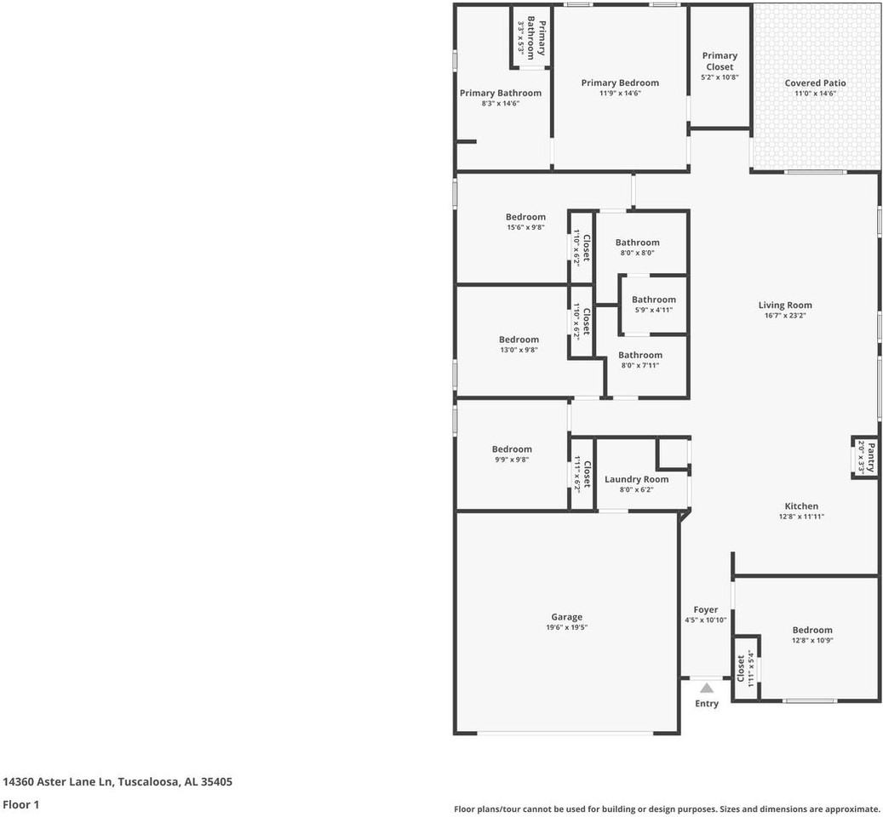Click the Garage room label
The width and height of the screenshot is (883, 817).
click(566, 617)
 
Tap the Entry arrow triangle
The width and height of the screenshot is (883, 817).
click(707, 688)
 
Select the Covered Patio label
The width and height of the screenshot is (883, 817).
click(815, 83)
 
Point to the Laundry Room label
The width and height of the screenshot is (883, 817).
click(636, 479)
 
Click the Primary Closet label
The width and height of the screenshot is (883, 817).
click(720, 61)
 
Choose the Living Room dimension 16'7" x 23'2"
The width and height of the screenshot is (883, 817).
click(785, 316)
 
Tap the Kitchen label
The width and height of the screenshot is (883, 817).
click(800, 506)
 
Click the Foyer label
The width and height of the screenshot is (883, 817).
click(705, 609)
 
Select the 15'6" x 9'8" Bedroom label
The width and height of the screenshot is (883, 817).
click(525, 217)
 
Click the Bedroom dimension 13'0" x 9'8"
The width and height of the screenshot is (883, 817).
click(519, 350)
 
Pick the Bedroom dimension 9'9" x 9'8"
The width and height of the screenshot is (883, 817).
click(511, 460)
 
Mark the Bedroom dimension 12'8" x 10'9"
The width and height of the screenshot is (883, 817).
click(811, 641)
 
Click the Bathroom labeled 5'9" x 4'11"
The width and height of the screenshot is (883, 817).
click(653, 300)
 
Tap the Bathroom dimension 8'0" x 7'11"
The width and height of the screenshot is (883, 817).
click(639, 366)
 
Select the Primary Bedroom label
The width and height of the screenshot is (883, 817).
click(620, 83)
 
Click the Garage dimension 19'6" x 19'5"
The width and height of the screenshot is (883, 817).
click(566, 627)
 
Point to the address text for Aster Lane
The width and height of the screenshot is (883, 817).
click(118, 781)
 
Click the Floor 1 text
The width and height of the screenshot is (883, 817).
click(21, 804)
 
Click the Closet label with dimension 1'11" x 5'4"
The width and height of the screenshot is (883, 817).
click(741, 669)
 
